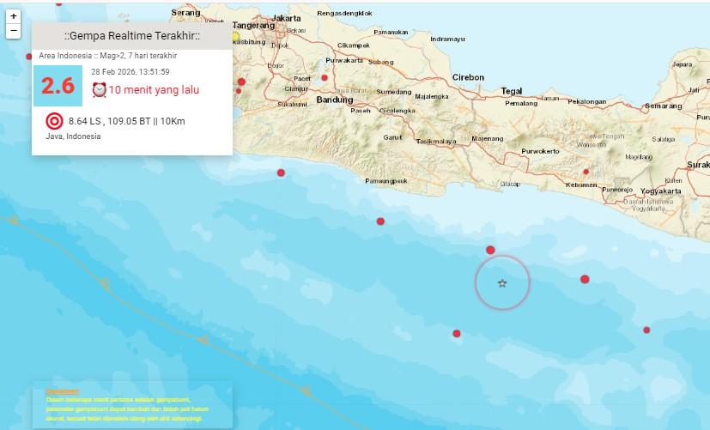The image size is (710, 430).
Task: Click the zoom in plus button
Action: [14, 16]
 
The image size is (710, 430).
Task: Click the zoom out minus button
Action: [14, 31]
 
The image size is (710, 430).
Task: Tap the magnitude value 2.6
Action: [58, 86]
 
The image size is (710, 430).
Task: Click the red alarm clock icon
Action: [99, 89]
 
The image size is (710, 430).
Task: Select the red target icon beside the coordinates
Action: [53, 121]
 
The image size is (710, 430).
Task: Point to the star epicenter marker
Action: [502, 283]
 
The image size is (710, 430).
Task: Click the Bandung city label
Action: [335, 100]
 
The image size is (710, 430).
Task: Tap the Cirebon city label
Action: [469, 77]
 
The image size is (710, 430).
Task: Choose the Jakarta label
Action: [286, 17]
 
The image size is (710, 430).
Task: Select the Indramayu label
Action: [447, 39]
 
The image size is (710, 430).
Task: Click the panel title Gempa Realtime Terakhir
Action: [132, 35]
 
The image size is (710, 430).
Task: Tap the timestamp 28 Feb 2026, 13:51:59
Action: [130, 72]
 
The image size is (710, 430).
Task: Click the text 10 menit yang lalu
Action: [152, 89]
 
